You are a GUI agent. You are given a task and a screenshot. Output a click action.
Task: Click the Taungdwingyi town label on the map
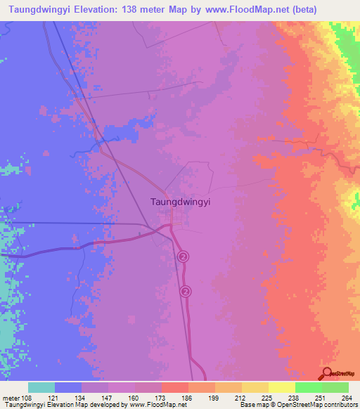pos(181,200)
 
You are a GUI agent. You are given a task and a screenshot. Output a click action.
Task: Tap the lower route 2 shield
pos(186,290)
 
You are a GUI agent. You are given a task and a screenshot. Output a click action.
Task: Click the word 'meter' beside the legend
pos(13,397)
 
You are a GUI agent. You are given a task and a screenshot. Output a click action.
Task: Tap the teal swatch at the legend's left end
pos(41,387)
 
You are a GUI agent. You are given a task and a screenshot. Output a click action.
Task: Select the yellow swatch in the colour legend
pos(281,387)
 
